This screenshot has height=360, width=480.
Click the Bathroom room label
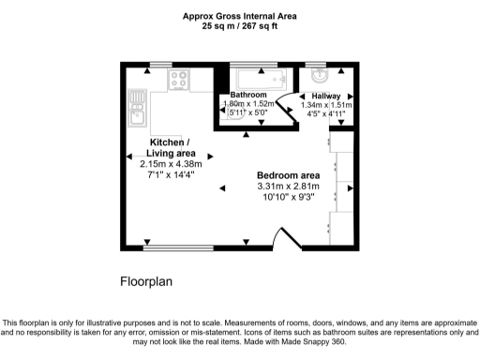[x=249, y=96]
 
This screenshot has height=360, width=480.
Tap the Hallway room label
[x=326, y=96]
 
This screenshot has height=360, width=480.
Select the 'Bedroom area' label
[x=289, y=175]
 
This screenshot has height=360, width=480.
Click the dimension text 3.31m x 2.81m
[x=289, y=187]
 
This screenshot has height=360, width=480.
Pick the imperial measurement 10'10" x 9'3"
[x=289, y=198]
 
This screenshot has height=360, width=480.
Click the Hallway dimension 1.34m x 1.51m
[x=325, y=106]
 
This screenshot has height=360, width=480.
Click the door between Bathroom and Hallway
[x=293, y=105]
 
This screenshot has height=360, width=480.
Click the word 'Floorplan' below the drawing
[x=146, y=280]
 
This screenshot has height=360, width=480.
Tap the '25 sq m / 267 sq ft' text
[x=239, y=26]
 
